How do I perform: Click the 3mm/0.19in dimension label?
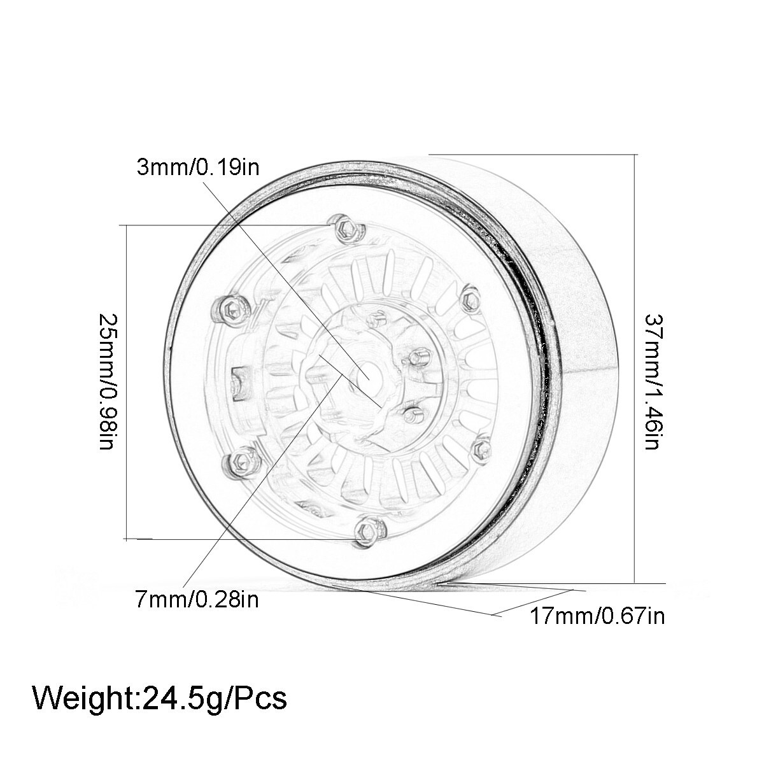[x=198, y=167]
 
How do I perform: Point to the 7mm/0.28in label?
[x=197, y=599]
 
